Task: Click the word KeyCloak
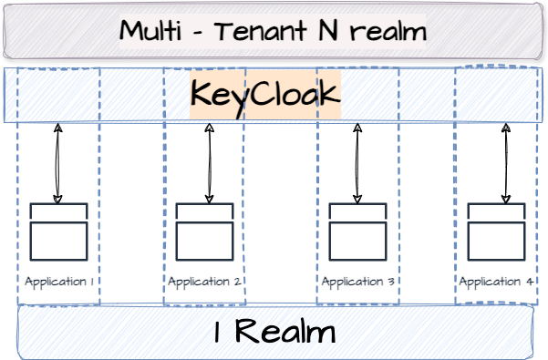point(264,95)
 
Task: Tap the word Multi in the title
point(150,32)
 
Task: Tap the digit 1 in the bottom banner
point(218,333)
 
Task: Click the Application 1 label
point(59,282)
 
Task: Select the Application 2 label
point(205,282)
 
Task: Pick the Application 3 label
point(358,282)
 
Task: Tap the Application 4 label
point(496,282)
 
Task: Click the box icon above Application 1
point(58,232)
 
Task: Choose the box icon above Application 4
point(497,232)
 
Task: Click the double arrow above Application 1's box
point(58,164)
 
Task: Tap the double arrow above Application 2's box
point(211,164)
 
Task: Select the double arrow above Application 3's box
point(357,164)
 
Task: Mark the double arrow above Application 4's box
point(506,164)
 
